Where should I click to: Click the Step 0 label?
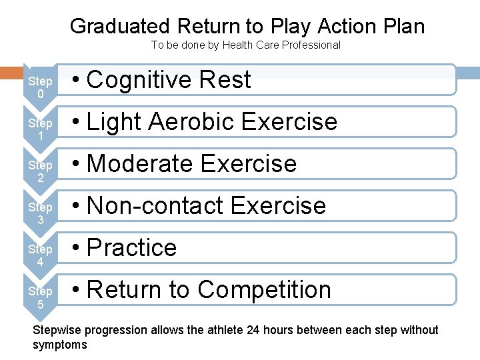[x=40, y=87]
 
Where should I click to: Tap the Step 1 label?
[x=40, y=129]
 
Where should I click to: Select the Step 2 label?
[x=40, y=171]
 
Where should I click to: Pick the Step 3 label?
[x=40, y=213]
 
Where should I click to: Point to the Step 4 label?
[x=40, y=255]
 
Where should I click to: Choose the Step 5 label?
[x=40, y=297]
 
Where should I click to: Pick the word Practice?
[x=132, y=248]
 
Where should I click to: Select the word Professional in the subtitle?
[x=309, y=45]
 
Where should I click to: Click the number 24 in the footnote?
[x=253, y=330]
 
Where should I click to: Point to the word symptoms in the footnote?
[x=60, y=345]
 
